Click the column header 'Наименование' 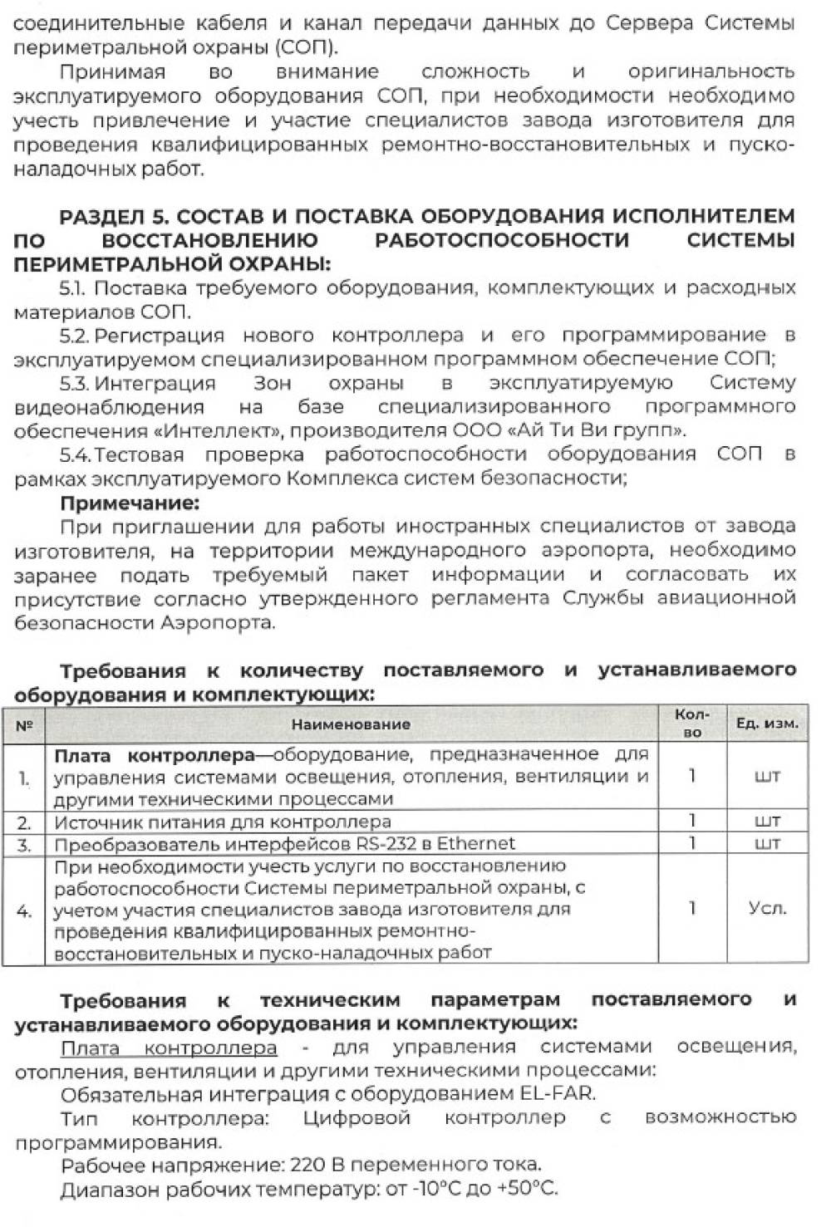pyautogui.click(x=351, y=724)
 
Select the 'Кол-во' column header pyautogui.click(x=691, y=723)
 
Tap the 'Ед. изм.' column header pyautogui.click(x=767, y=724)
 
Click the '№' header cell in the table pyautogui.click(x=24, y=725)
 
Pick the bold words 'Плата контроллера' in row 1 pyautogui.click(x=154, y=755)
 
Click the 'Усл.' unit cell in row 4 pyautogui.click(x=767, y=909)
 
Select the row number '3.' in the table pyautogui.click(x=24, y=845)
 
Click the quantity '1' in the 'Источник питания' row pyautogui.click(x=691, y=821)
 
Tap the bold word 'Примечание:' pyautogui.click(x=130, y=503)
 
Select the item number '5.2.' pyautogui.click(x=75, y=336)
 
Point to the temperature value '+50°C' pyautogui.click(x=527, y=1189)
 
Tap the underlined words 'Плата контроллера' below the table pyautogui.click(x=169, y=1048)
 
